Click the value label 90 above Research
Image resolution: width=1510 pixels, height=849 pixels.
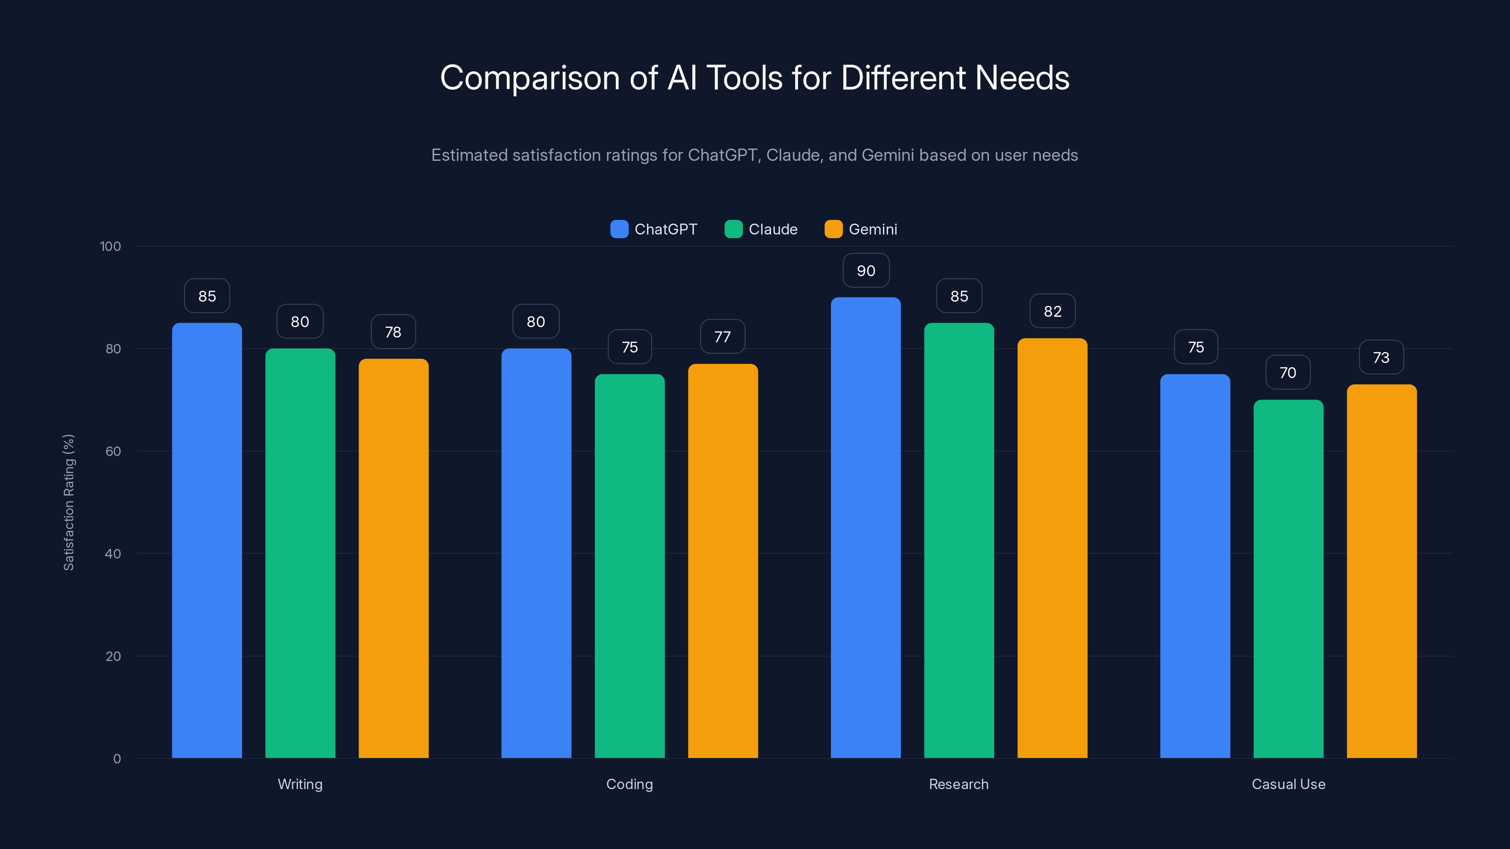(x=866, y=271)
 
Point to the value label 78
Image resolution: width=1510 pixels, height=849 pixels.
(x=393, y=332)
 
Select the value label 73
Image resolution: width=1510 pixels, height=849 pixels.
(x=1381, y=358)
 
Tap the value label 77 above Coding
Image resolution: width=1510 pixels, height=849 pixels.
(x=722, y=337)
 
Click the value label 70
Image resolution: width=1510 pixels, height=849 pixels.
(x=1287, y=373)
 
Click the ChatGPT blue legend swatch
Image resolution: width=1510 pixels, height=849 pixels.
(x=619, y=229)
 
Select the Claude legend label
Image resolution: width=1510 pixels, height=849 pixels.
(x=772, y=229)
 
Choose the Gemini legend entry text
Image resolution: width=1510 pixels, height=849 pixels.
(x=872, y=229)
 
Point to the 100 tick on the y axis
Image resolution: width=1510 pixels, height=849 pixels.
(x=110, y=246)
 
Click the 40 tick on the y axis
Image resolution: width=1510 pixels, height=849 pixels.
(x=113, y=554)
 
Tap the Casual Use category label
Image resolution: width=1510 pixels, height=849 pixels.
(x=1288, y=784)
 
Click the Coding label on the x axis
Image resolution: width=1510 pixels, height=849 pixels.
(x=629, y=784)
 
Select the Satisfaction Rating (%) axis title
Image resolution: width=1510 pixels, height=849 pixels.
(x=68, y=502)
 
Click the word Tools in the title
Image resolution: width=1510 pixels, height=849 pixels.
(x=744, y=78)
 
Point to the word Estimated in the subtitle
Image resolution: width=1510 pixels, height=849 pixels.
(x=469, y=155)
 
